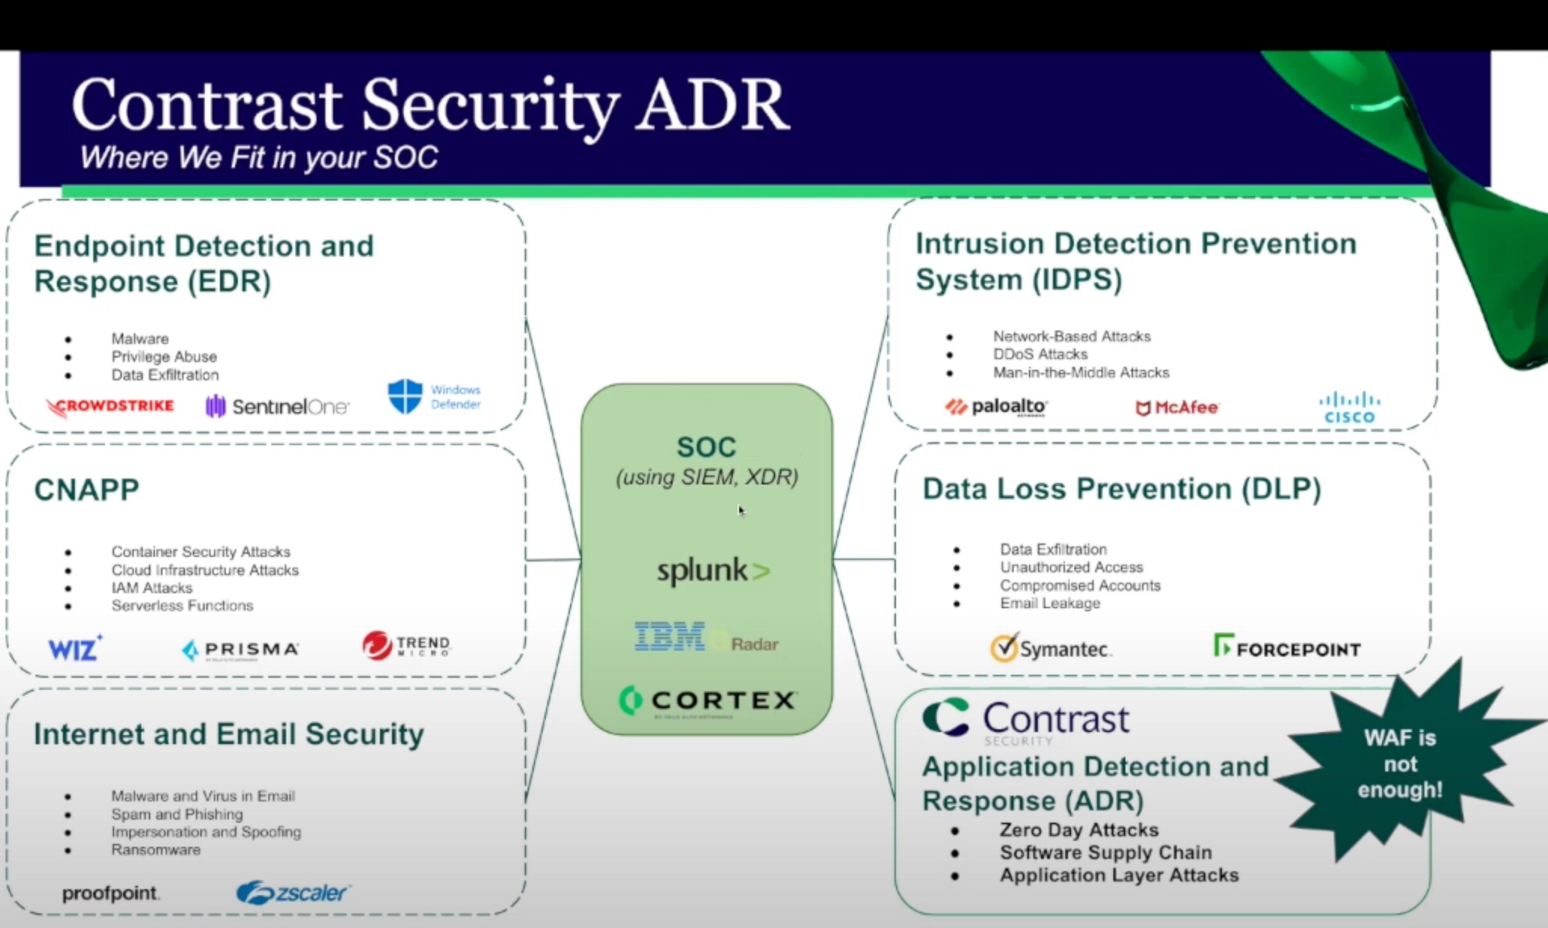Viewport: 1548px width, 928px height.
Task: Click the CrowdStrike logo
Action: pyautogui.click(x=111, y=406)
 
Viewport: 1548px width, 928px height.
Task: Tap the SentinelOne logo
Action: pyautogui.click(x=277, y=406)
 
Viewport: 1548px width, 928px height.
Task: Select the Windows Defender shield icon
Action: pyautogui.click(x=405, y=396)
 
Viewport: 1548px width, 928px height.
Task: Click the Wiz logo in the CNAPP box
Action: pyautogui.click(x=75, y=648)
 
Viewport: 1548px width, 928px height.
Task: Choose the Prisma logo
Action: pyautogui.click(x=241, y=649)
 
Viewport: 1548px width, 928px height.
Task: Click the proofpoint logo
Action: pyautogui.click(x=111, y=893)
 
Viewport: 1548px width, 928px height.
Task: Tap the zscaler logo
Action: pyautogui.click(x=293, y=892)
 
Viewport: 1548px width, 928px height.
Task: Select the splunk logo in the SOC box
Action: pyautogui.click(x=713, y=571)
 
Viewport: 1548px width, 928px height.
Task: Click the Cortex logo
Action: pyautogui.click(x=708, y=700)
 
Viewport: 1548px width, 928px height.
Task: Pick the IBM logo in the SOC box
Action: pyautogui.click(x=670, y=637)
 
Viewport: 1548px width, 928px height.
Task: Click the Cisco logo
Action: pyautogui.click(x=1349, y=408)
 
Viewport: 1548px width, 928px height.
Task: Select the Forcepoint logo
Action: pyautogui.click(x=1287, y=647)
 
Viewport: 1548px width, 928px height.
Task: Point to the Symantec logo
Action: pyautogui.click(x=1051, y=648)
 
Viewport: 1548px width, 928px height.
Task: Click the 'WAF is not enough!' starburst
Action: pyautogui.click(x=1399, y=764)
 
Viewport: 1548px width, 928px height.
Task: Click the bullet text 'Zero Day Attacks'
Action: pyautogui.click(x=1078, y=830)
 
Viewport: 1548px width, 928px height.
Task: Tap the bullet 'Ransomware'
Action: pyautogui.click(x=156, y=850)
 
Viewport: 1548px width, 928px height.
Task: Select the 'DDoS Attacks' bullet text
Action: pyautogui.click(x=1039, y=354)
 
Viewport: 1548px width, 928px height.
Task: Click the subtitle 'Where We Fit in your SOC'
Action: pyautogui.click(x=259, y=157)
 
